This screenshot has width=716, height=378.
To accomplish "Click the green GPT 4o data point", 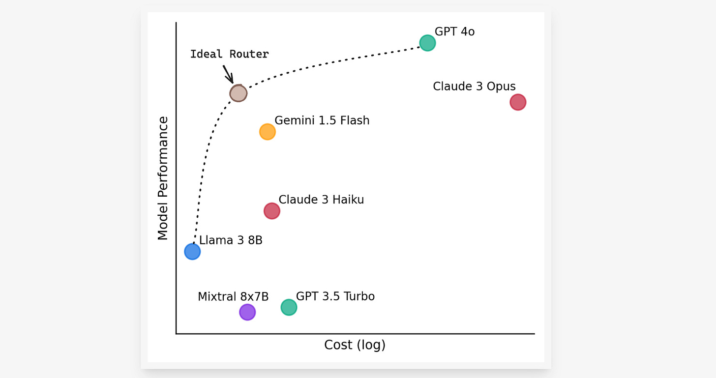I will click(x=427, y=43).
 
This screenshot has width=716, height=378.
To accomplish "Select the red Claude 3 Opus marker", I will click(x=518, y=102).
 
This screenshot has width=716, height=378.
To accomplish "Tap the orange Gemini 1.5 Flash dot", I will click(x=267, y=132).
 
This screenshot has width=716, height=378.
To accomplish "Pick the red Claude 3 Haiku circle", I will click(x=271, y=211).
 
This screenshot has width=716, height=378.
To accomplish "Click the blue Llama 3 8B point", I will click(x=192, y=252).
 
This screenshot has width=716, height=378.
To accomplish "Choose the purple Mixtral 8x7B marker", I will click(x=247, y=312).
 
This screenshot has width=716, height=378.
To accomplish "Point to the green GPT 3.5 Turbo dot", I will click(x=289, y=308).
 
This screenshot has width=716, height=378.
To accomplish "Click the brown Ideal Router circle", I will click(x=239, y=93).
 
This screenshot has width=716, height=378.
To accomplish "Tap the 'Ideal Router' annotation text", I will click(x=230, y=54).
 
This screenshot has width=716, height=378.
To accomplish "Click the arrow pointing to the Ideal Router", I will click(x=228, y=74).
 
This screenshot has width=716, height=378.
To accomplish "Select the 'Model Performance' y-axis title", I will click(x=163, y=178).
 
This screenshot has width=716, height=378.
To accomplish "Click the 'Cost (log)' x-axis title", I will click(x=355, y=345).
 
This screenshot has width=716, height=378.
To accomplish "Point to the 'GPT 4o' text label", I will click(x=455, y=32).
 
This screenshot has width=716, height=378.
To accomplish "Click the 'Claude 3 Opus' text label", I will click(x=474, y=87).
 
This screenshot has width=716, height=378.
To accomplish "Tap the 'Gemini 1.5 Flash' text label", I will click(x=322, y=120).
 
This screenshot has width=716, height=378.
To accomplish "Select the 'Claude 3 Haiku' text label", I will click(x=321, y=200).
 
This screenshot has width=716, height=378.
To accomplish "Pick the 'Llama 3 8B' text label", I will click(x=231, y=240).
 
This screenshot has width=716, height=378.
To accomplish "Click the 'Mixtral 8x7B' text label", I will click(x=233, y=297).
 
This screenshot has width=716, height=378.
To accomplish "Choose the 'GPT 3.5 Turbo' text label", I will click(x=335, y=296).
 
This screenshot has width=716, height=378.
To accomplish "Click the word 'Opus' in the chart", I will click(x=502, y=87).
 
